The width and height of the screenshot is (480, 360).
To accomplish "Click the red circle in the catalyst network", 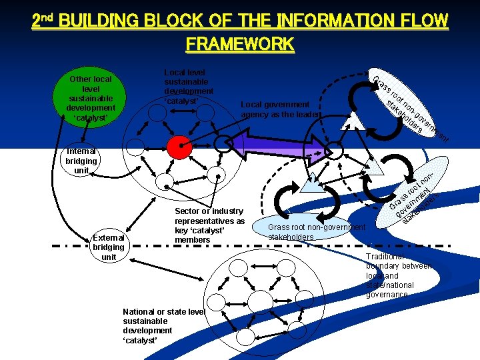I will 178,148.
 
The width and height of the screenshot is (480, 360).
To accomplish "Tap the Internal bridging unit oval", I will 81,161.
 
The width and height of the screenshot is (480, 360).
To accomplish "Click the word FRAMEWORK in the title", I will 239,44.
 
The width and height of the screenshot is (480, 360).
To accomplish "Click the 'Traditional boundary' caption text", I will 399,275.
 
